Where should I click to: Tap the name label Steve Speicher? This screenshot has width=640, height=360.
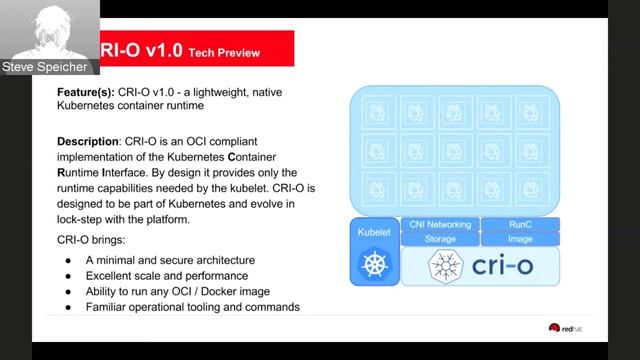45,67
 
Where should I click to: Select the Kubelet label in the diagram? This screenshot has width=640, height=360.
373,232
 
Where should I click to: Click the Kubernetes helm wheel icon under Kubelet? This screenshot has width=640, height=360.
373,264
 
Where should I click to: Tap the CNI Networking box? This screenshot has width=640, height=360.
440,225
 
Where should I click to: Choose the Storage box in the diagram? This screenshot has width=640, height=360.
440,239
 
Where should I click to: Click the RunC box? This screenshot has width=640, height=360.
520,225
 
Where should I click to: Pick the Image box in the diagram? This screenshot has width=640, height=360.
520,239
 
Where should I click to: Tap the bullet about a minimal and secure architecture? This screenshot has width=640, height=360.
170,260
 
